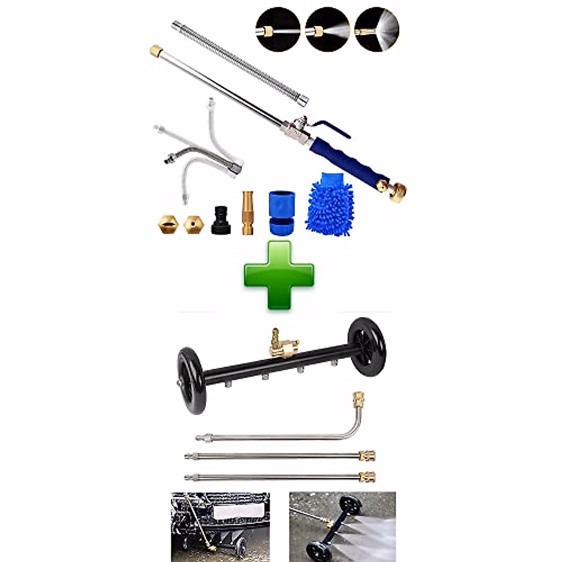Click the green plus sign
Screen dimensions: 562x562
coord(279,275)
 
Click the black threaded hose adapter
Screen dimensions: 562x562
coord(221,220)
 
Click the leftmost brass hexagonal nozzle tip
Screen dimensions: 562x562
coord(167,225)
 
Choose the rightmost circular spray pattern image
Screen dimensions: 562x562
coord(377,29)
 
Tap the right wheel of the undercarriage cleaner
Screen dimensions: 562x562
coord(368,344)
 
